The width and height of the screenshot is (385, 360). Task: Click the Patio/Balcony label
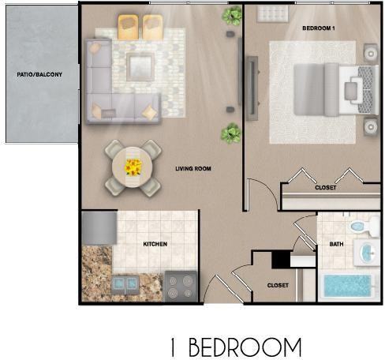[x=39, y=74]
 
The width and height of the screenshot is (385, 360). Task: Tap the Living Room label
[x=193, y=168]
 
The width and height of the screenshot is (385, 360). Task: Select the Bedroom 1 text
[x=319, y=28]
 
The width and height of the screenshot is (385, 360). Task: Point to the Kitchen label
[x=155, y=244]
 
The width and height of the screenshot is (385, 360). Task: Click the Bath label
[x=336, y=244]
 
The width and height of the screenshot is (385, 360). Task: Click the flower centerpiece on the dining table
[x=133, y=167]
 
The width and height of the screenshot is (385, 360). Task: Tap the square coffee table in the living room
[x=140, y=67]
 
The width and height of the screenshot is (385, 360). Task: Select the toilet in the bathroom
[x=364, y=226]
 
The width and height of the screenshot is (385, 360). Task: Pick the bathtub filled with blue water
[x=348, y=286]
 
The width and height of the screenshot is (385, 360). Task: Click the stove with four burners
[x=181, y=287]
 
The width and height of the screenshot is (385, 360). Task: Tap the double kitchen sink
[x=125, y=284]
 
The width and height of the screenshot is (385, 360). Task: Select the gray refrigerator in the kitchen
[x=99, y=228]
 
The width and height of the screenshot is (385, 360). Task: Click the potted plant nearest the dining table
[x=231, y=133]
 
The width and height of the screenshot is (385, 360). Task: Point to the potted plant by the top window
[x=232, y=16]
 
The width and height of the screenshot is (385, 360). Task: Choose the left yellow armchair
[x=128, y=27]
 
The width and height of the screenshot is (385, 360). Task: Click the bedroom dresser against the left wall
[x=252, y=88]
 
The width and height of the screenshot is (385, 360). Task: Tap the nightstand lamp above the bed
[x=371, y=54]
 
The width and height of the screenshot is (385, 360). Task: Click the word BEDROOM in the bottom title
[x=245, y=347]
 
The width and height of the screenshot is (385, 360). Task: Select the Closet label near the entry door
[x=278, y=286]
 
